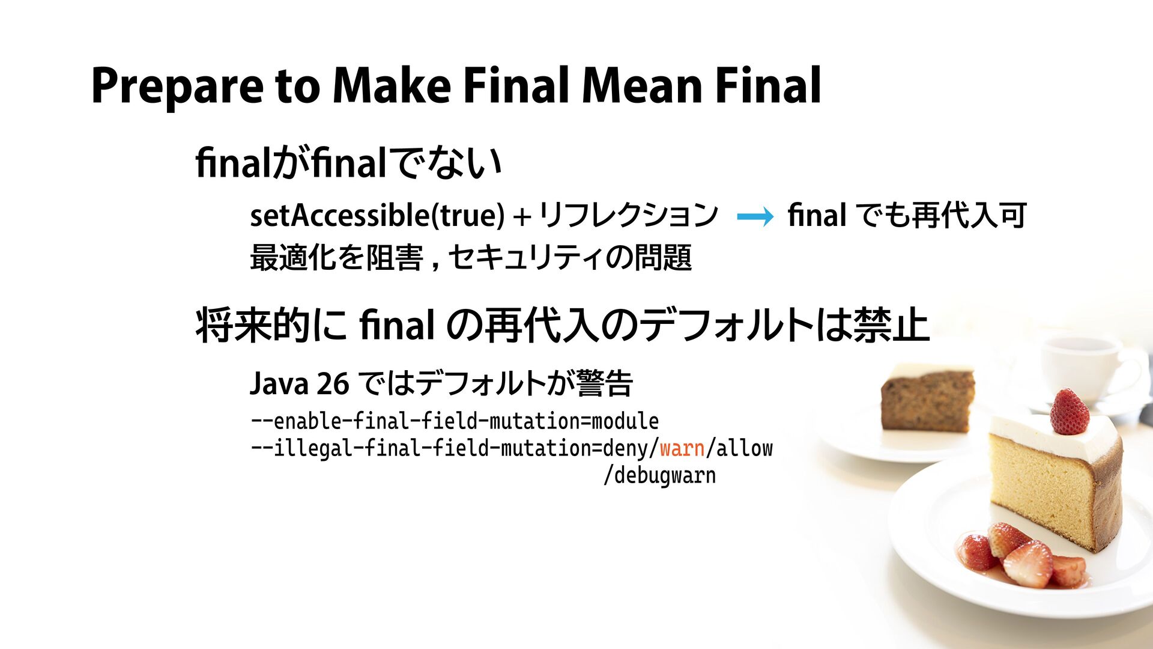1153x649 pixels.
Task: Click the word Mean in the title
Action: [x=641, y=85]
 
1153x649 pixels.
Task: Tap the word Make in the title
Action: [x=391, y=85]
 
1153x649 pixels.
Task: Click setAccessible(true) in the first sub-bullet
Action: [x=377, y=215]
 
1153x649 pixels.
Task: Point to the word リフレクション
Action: [x=628, y=215]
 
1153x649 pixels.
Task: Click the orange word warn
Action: [x=682, y=448]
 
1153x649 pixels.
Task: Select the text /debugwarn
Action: [x=659, y=475]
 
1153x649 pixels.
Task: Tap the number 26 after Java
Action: [x=333, y=383]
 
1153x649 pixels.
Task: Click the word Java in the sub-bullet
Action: [x=279, y=383]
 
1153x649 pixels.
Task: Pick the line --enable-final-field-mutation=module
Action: [x=455, y=421]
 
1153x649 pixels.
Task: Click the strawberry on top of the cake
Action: [x=1070, y=412]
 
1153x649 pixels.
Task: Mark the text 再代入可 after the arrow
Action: [x=968, y=215]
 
